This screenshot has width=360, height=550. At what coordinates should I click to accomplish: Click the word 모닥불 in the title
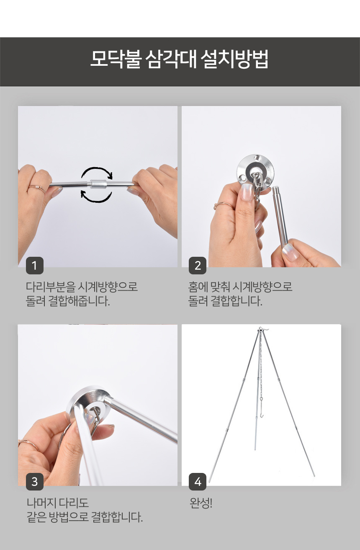tap(116, 59)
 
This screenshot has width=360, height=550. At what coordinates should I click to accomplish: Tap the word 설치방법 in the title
tap(234, 59)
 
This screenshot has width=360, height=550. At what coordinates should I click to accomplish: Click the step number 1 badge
tap(35, 266)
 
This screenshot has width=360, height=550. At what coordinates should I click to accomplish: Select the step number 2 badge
tap(198, 266)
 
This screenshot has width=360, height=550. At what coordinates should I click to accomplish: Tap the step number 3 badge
tap(35, 482)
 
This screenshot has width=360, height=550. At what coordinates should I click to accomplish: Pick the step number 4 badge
tap(198, 482)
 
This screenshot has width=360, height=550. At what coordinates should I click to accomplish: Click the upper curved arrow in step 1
tap(97, 171)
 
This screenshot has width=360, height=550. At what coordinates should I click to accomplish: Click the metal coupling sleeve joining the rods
tap(98, 184)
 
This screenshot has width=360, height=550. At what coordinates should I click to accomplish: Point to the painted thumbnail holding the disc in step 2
tap(247, 193)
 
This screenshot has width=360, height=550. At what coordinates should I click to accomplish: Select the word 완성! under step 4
tap(201, 504)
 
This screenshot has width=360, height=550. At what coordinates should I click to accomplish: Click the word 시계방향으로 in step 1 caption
tap(108, 287)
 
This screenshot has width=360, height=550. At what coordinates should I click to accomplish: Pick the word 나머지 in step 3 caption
tap(41, 503)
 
